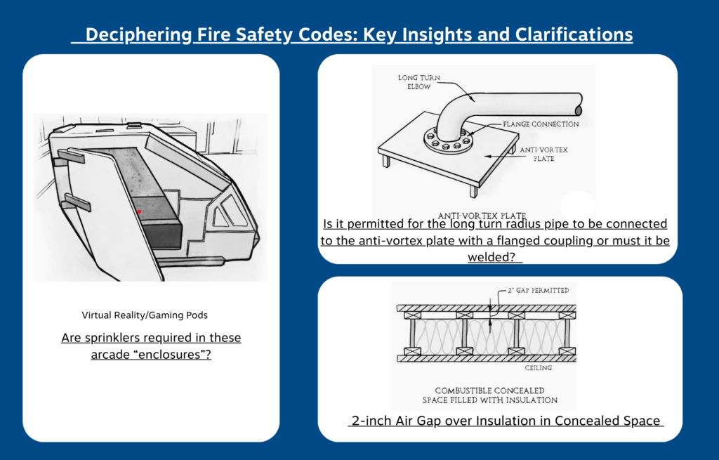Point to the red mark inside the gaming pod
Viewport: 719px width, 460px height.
click(x=139, y=211)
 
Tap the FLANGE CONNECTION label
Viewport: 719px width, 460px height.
click(x=541, y=124)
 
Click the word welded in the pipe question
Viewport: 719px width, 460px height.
click(x=492, y=257)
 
